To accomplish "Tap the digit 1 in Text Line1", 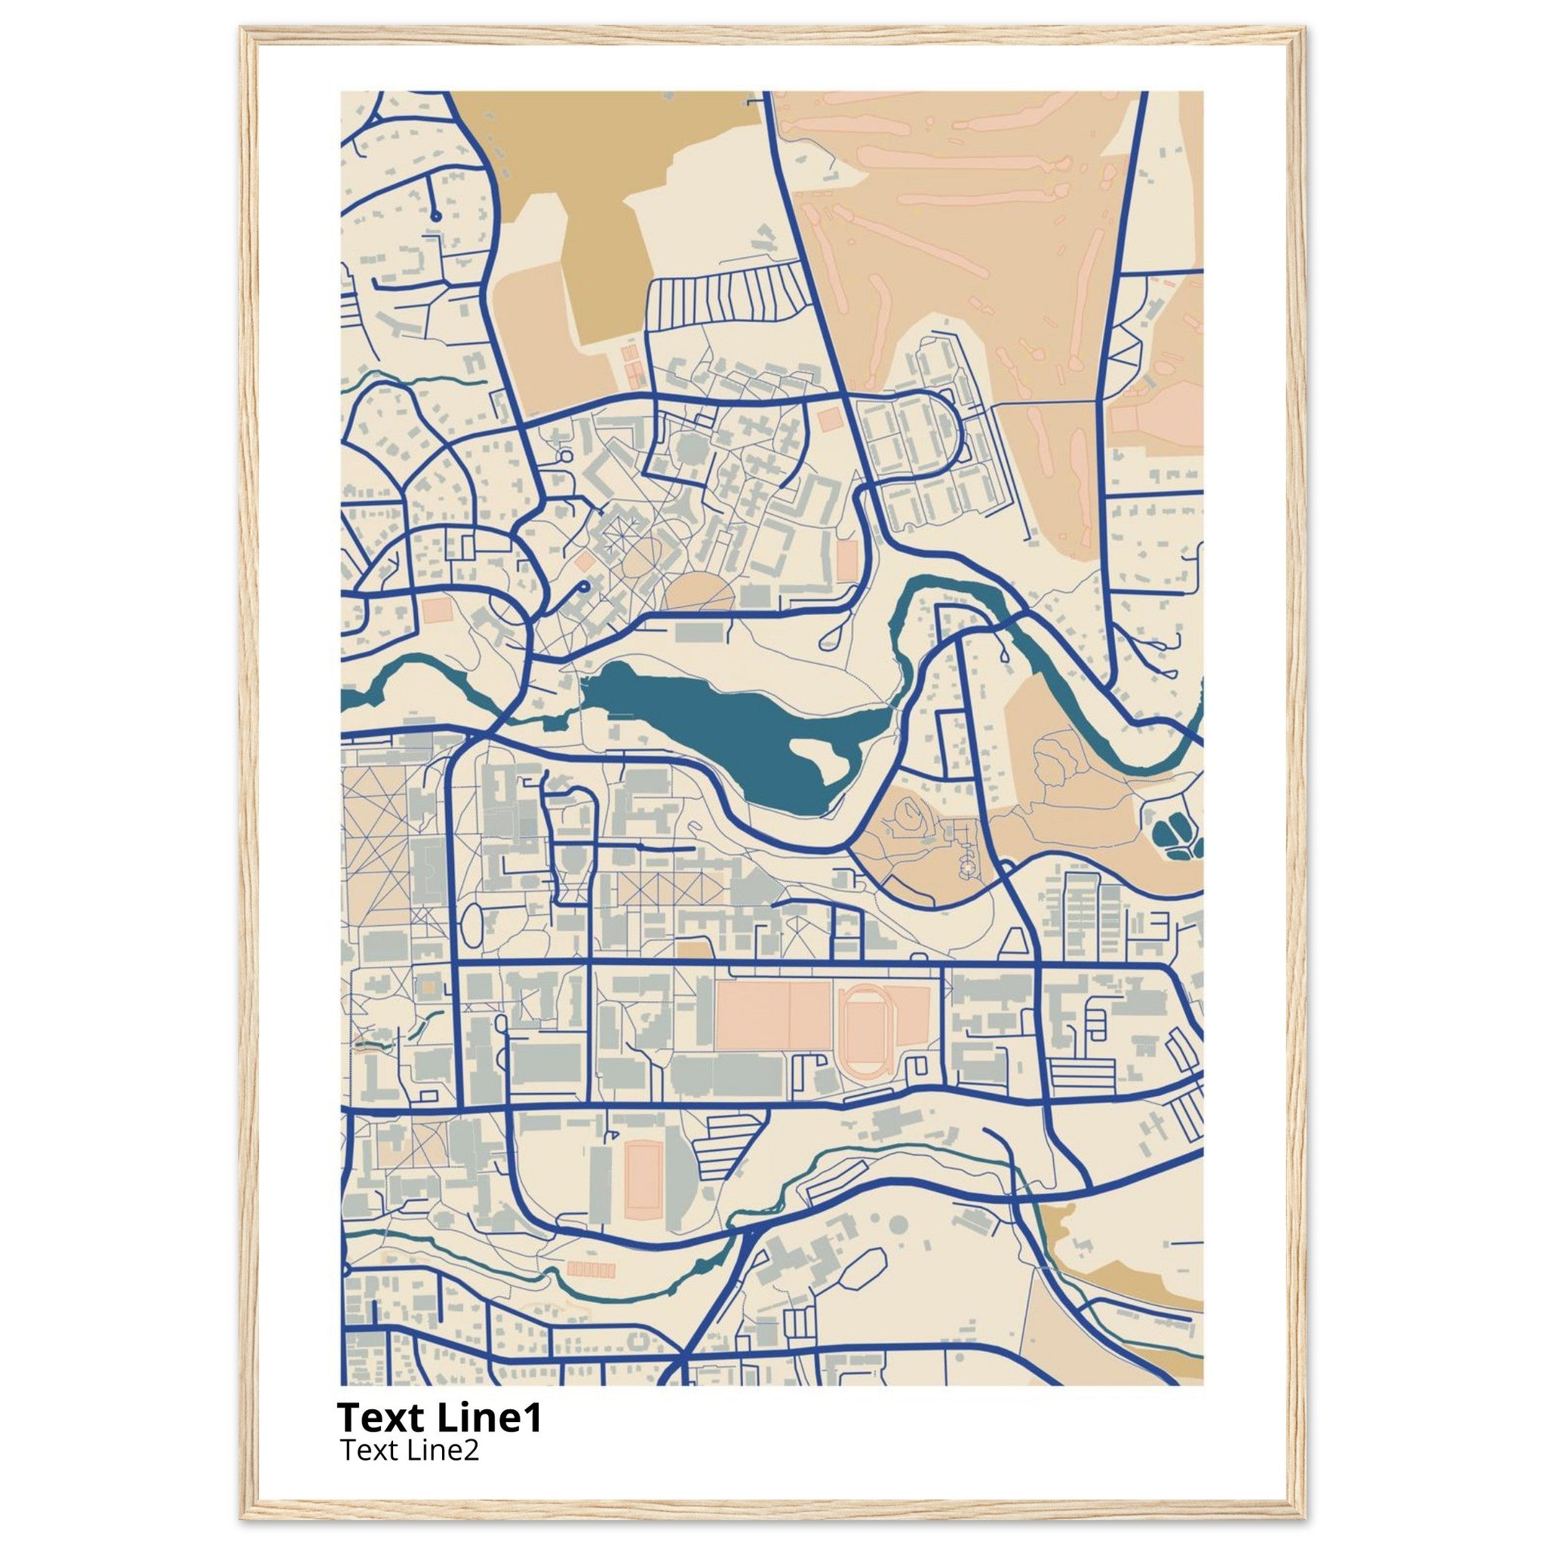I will click(532, 1419).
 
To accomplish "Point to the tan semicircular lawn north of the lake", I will click(699, 592).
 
